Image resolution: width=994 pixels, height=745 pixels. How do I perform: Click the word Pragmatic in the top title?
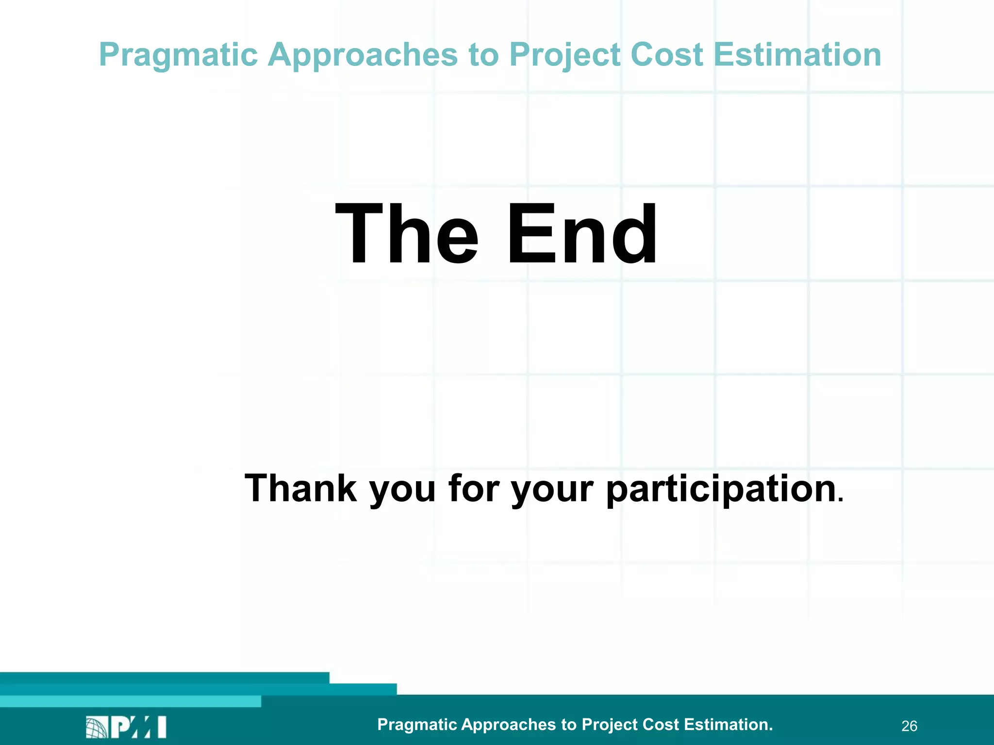click(178, 55)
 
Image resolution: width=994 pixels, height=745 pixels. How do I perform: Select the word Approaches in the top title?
click(363, 55)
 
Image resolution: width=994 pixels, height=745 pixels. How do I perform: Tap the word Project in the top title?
click(565, 55)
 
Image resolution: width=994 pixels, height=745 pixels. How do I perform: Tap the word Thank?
click(301, 488)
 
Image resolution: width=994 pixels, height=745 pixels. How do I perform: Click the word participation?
click(721, 489)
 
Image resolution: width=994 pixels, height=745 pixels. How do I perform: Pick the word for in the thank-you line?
click(474, 488)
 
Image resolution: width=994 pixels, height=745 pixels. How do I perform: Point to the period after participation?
click(841, 500)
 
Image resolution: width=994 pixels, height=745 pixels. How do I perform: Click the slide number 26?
click(909, 726)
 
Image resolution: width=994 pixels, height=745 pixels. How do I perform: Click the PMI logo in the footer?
click(126, 727)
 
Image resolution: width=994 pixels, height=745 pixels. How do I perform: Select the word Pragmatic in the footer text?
click(417, 725)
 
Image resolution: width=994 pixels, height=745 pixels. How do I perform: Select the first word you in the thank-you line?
click(402, 489)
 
